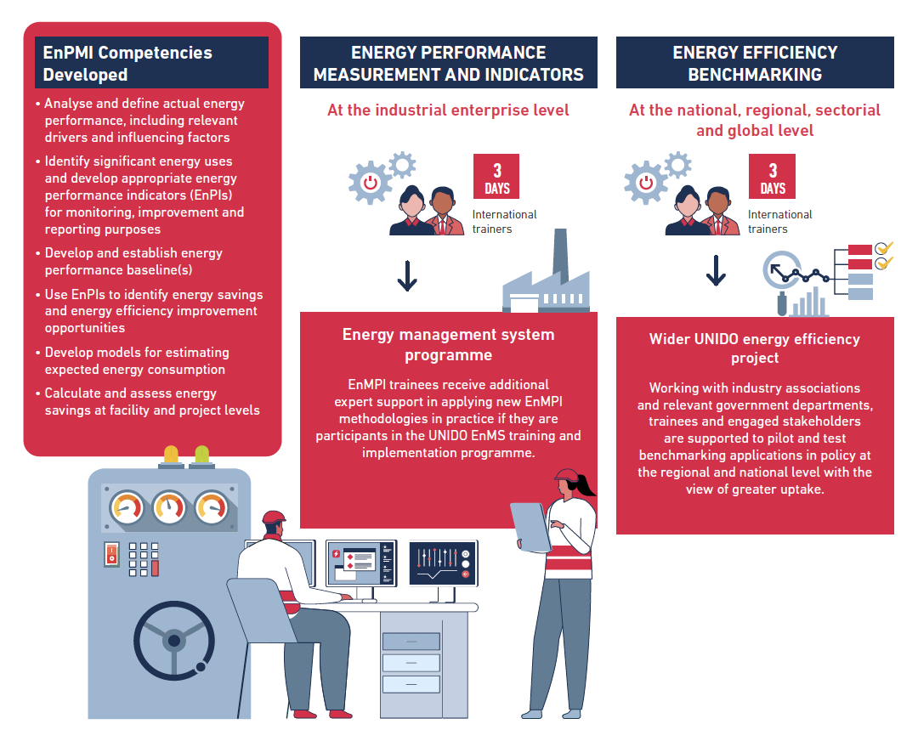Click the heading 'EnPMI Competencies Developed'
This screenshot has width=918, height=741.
(127, 63)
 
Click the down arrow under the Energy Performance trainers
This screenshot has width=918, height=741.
(407, 275)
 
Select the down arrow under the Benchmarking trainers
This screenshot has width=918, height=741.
(716, 270)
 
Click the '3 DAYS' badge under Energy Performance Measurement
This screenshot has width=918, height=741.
(496, 177)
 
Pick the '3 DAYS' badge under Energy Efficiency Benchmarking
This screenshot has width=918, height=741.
(772, 177)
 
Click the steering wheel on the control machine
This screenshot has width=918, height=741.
(174, 641)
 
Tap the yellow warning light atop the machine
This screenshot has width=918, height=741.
(171, 455)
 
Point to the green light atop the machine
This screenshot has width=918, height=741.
(202, 455)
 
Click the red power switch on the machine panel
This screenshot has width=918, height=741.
(112, 554)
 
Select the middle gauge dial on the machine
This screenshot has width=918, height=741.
(170, 506)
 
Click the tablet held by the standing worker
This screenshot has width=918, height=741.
(531, 527)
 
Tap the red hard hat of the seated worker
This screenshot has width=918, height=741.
(274, 518)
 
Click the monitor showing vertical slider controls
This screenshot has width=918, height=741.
(443, 563)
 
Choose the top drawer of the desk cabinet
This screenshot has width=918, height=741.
(411, 642)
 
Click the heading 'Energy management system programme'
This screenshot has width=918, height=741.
(449, 345)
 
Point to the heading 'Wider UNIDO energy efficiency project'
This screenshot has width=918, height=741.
(755, 348)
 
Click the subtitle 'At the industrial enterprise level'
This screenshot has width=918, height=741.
(448, 110)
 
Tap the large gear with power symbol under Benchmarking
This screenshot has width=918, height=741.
(646, 183)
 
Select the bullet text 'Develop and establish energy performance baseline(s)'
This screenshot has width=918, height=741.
(133, 262)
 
